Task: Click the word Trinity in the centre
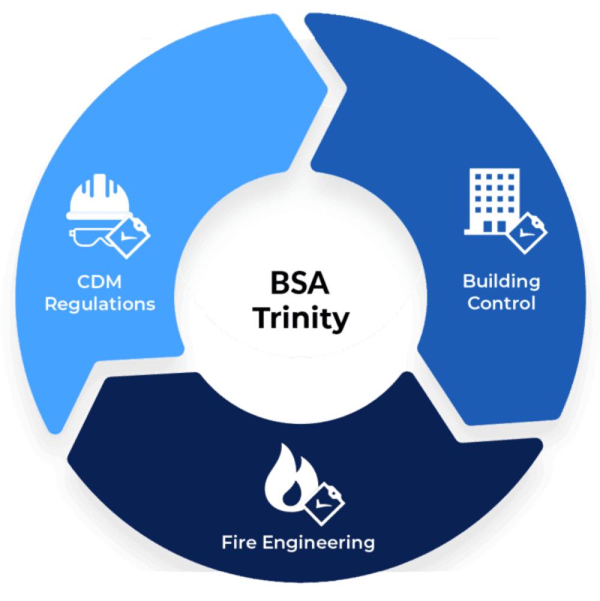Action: coord(300,318)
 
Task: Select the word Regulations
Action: coord(100,303)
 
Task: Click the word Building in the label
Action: coord(501,281)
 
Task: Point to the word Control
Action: coord(501,303)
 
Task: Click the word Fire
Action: coord(242,543)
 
